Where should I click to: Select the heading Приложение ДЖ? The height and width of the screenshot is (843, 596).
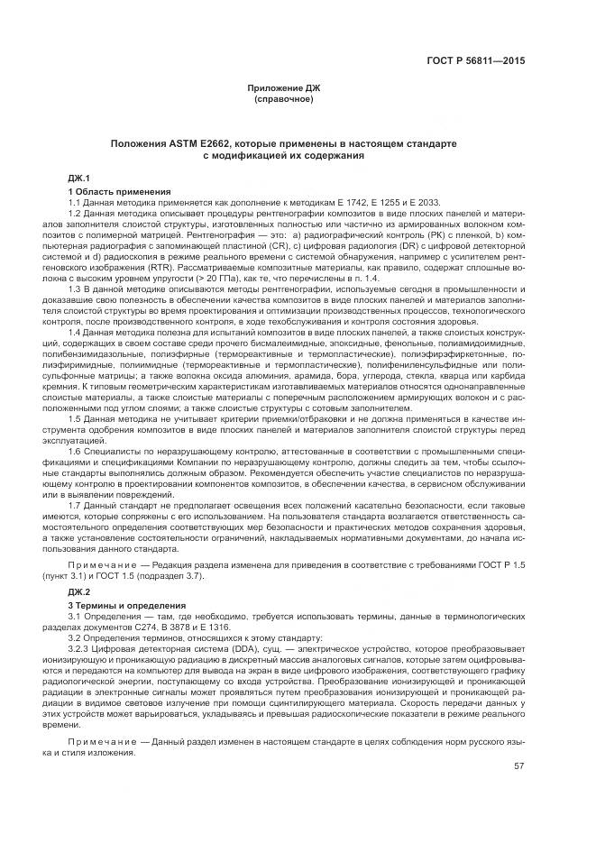point(284,87)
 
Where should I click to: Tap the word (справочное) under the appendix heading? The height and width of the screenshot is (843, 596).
point(284,98)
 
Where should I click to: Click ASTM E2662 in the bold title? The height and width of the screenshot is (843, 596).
point(199,144)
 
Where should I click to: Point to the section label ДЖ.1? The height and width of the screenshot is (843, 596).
point(81,177)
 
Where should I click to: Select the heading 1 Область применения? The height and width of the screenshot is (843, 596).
point(119,191)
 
